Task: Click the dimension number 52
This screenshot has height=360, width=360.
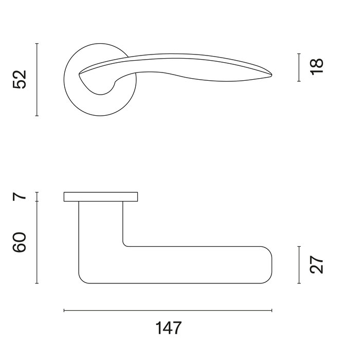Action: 19,80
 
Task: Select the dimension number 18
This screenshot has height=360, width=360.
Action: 317,67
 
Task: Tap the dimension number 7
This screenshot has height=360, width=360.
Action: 19,196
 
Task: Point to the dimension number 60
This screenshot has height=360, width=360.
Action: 19,242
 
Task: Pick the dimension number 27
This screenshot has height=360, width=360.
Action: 317,264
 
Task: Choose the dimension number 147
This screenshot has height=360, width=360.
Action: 167,328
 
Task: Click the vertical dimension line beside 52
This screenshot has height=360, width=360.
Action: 37,80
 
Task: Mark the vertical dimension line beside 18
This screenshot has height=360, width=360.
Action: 299,67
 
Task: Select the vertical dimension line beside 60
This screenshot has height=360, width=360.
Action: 37,242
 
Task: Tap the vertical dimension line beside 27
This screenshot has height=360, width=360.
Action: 299,264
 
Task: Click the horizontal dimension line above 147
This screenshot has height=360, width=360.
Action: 167,311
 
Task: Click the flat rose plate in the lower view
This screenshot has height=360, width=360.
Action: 101,196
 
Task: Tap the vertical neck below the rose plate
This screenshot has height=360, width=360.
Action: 101,221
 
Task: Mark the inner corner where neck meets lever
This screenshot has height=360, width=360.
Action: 125,244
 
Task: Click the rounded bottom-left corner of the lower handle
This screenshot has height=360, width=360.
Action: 82,279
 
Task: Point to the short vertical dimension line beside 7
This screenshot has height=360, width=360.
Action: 37,196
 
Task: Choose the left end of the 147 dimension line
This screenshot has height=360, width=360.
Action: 64,311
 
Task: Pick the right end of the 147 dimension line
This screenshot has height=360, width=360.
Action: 272,311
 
